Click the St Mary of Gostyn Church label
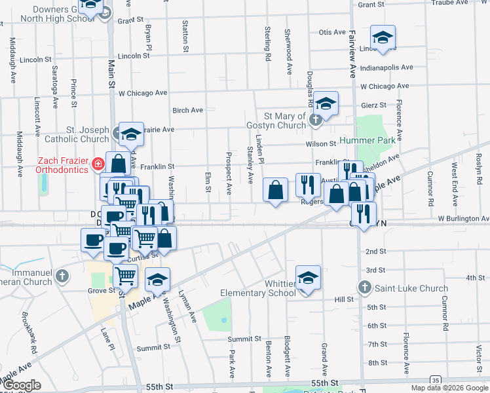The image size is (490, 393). (276, 121)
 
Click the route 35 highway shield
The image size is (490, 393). (434, 381)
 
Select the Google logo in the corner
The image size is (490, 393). (22, 385)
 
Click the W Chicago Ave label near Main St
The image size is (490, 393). (144, 94)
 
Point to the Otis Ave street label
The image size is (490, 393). (331, 32)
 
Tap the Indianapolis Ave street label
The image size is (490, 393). (386, 67)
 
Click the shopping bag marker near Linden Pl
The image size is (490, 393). (276, 190)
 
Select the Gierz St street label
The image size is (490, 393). (373, 105)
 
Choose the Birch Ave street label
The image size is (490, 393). (187, 111)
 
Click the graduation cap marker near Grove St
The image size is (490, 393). (157, 280)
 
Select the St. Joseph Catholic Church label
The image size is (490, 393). (77, 134)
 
